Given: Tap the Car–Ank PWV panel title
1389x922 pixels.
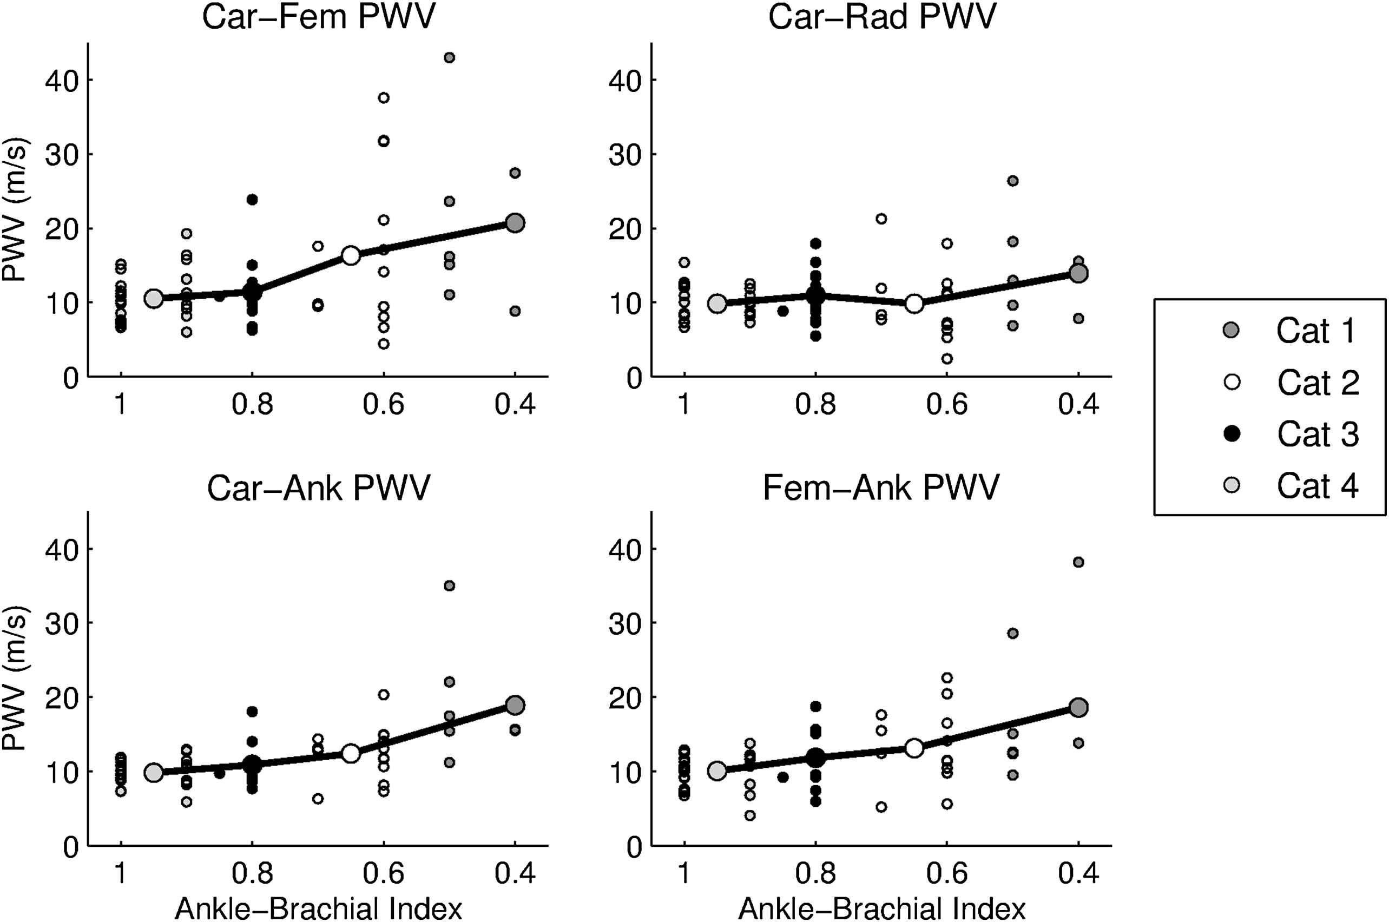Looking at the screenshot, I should tap(318, 488).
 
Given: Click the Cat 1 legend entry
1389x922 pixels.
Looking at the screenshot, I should tap(1315, 331).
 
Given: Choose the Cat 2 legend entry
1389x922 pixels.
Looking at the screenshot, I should tap(1317, 383).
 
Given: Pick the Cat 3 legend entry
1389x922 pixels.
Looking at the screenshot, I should tap(1317, 434).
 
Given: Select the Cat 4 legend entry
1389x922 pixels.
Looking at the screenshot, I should tap(1317, 486).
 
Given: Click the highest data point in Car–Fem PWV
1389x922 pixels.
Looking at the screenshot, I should tap(449, 57).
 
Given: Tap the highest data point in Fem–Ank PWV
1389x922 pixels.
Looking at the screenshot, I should tap(1078, 562).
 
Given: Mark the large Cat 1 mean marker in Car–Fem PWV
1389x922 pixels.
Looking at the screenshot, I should tap(515, 223).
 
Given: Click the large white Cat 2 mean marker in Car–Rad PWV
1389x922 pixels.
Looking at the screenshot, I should tap(914, 304).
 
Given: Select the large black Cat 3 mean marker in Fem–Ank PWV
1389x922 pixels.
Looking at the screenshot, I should tap(815, 758).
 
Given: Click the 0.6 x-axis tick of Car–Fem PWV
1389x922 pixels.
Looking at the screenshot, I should tap(384, 405).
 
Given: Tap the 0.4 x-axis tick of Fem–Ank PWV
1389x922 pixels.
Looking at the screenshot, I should tap(1078, 874).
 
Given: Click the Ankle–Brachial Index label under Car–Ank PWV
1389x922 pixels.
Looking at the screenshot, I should tap(318, 908).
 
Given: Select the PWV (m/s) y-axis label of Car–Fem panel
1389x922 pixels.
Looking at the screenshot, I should tap(14, 210).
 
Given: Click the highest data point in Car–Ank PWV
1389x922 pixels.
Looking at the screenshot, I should tap(449, 585).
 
